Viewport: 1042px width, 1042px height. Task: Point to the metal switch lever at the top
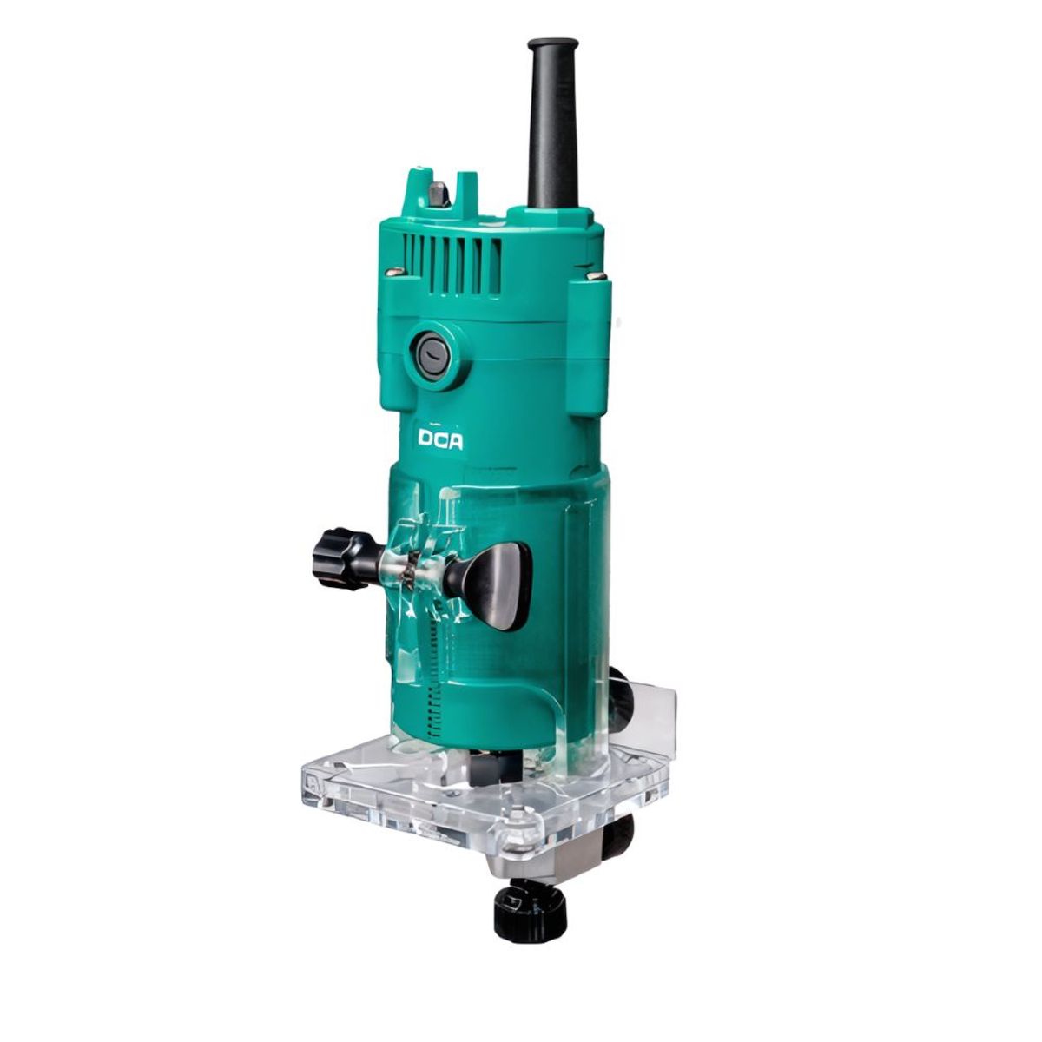(x=438, y=195)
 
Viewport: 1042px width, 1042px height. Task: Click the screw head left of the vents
(x=397, y=271)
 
